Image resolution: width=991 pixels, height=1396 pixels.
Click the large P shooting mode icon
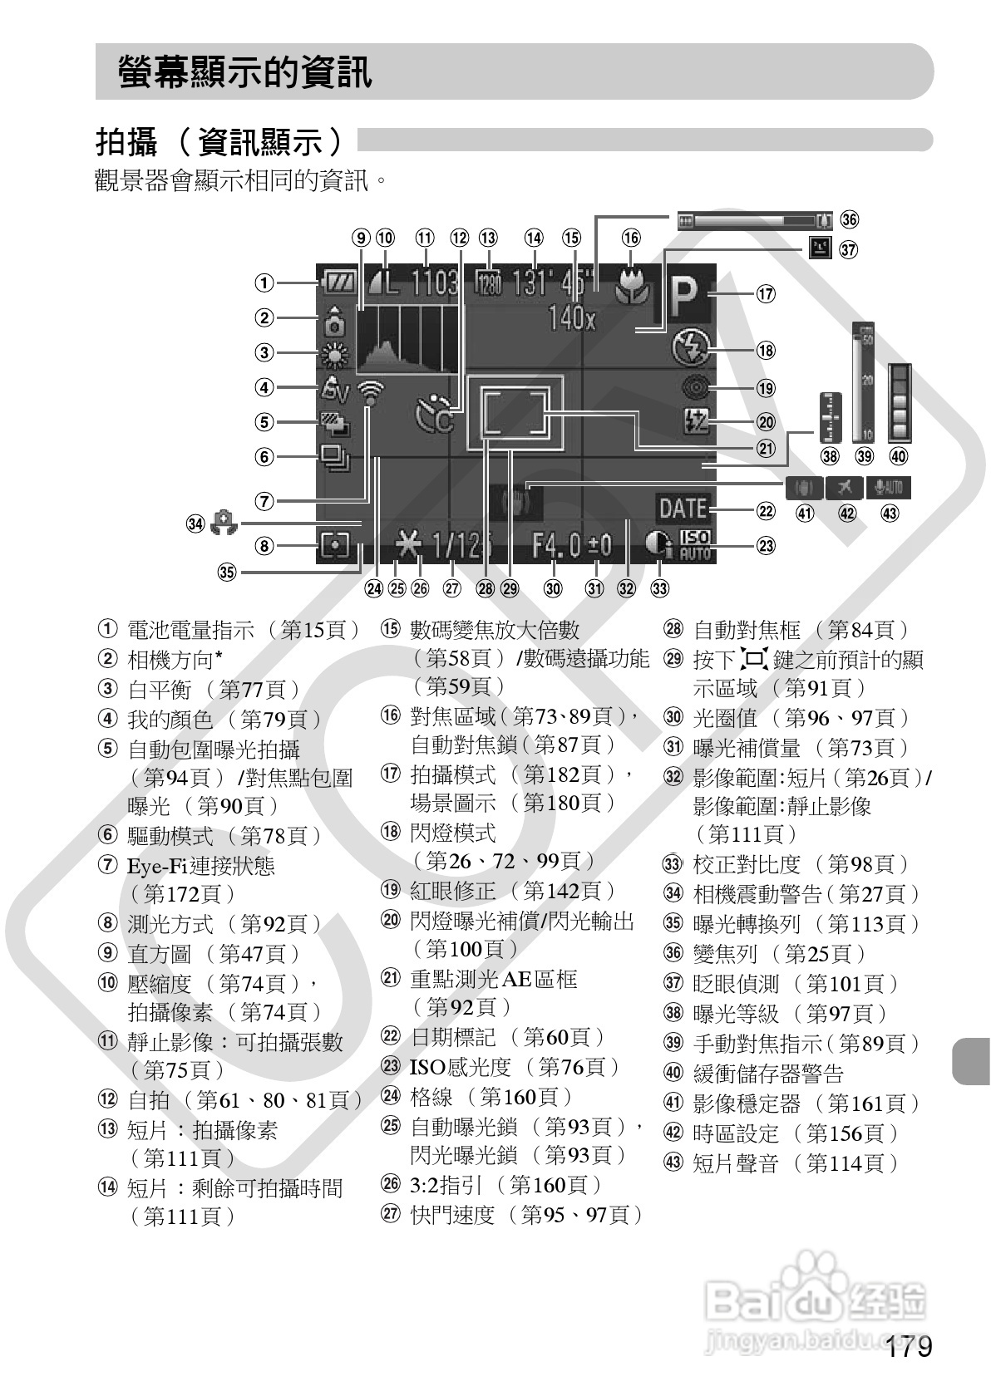(x=683, y=294)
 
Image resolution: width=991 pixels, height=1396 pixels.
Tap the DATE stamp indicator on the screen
(x=683, y=507)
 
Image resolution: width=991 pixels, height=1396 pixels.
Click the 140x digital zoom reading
(x=572, y=318)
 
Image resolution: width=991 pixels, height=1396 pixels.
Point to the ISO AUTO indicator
(x=694, y=544)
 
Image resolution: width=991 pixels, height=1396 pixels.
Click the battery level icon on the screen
(x=337, y=283)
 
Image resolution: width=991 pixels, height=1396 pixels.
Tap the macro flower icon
(x=632, y=287)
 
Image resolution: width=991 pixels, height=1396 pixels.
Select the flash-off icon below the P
(x=690, y=349)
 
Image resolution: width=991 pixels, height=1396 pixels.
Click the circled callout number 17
(x=765, y=293)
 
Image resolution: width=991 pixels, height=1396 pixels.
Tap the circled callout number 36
(x=848, y=219)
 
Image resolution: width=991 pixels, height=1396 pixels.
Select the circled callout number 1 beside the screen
(x=264, y=283)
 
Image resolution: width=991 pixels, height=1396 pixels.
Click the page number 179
(x=908, y=1346)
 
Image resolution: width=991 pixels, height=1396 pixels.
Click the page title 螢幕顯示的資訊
(x=245, y=72)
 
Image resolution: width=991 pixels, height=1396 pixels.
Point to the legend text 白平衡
(x=160, y=690)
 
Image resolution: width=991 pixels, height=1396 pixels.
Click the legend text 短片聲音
(x=736, y=1163)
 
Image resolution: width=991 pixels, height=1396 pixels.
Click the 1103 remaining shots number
(x=435, y=283)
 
